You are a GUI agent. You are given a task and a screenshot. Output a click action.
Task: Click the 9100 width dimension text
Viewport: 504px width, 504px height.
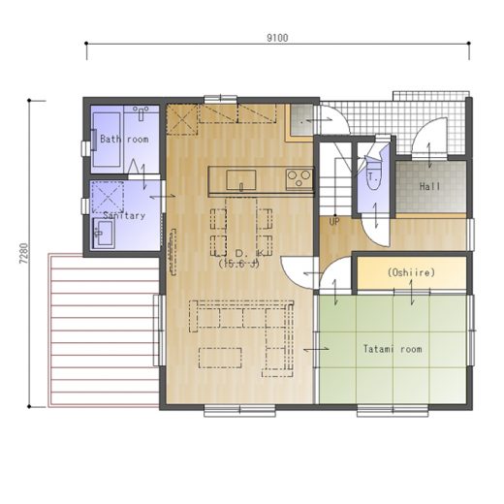[x=277, y=38]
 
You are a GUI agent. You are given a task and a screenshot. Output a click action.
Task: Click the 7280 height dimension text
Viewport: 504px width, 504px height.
[x=24, y=254]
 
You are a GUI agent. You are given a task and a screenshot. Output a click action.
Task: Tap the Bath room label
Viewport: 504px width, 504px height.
[x=124, y=140]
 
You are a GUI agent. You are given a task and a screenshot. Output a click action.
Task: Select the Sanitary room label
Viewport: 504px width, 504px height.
[x=124, y=215]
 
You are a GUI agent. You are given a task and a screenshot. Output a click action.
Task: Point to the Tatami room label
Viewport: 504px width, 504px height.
[x=393, y=349]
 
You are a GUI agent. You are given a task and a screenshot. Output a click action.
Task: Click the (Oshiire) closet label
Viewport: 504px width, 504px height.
[x=411, y=272]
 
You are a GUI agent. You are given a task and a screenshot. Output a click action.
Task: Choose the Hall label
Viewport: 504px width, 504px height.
[x=429, y=186]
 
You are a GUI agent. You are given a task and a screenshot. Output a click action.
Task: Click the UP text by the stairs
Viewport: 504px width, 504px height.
[x=334, y=222]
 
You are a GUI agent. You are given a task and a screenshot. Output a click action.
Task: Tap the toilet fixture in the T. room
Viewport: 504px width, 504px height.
[x=374, y=173]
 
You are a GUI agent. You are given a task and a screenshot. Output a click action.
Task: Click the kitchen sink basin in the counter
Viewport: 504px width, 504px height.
[x=241, y=180]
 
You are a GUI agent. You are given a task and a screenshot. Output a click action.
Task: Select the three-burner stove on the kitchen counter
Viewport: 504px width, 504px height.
[x=299, y=178]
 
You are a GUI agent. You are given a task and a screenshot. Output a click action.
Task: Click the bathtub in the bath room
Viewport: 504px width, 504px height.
[x=107, y=140]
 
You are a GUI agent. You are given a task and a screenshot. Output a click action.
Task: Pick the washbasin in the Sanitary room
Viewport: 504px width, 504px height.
[x=103, y=233]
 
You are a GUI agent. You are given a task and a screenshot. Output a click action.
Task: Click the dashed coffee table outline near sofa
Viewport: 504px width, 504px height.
[x=220, y=358]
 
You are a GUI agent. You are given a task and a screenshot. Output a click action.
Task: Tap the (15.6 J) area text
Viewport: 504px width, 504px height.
[x=239, y=264]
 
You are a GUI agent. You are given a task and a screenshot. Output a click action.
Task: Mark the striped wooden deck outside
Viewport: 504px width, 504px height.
[x=104, y=330]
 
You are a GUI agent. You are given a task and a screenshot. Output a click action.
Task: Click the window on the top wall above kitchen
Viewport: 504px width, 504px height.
[x=221, y=99]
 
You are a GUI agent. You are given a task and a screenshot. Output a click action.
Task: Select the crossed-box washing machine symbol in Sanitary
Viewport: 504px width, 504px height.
[x=108, y=198]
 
